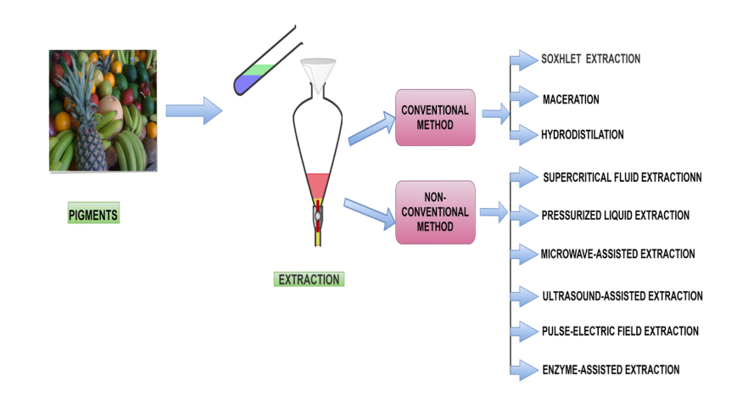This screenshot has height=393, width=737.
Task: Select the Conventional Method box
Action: pyautogui.click(x=434, y=117)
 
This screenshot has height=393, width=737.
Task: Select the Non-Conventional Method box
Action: pyautogui.click(x=434, y=212)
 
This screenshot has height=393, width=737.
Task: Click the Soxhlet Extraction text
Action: pyautogui.click(x=590, y=59)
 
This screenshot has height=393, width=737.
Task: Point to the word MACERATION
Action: pyautogui.click(x=571, y=99)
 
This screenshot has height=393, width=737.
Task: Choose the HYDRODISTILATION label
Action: pyautogui.click(x=583, y=134)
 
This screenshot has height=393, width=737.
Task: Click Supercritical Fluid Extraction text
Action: pyautogui.click(x=622, y=177)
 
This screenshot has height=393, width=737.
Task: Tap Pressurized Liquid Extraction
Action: pyautogui.click(x=615, y=216)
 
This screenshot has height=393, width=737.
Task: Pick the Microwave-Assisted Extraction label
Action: pyautogui.click(x=617, y=254)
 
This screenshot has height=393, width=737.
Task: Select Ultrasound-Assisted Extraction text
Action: pyautogui.click(x=622, y=296)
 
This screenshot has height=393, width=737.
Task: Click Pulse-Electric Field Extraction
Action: pyautogui.click(x=620, y=331)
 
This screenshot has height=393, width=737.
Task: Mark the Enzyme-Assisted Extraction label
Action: pyautogui.click(x=611, y=369)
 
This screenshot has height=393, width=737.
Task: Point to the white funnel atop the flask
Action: pyautogui.click(x=319, y=73)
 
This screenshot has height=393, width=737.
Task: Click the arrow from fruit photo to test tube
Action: pyautogui.click(x=193, y=110)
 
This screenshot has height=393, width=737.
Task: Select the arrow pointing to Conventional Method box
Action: pyautogui.click(x=370, y=132)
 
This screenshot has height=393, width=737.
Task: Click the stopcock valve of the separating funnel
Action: pyautogui.click(x=317, y=216)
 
